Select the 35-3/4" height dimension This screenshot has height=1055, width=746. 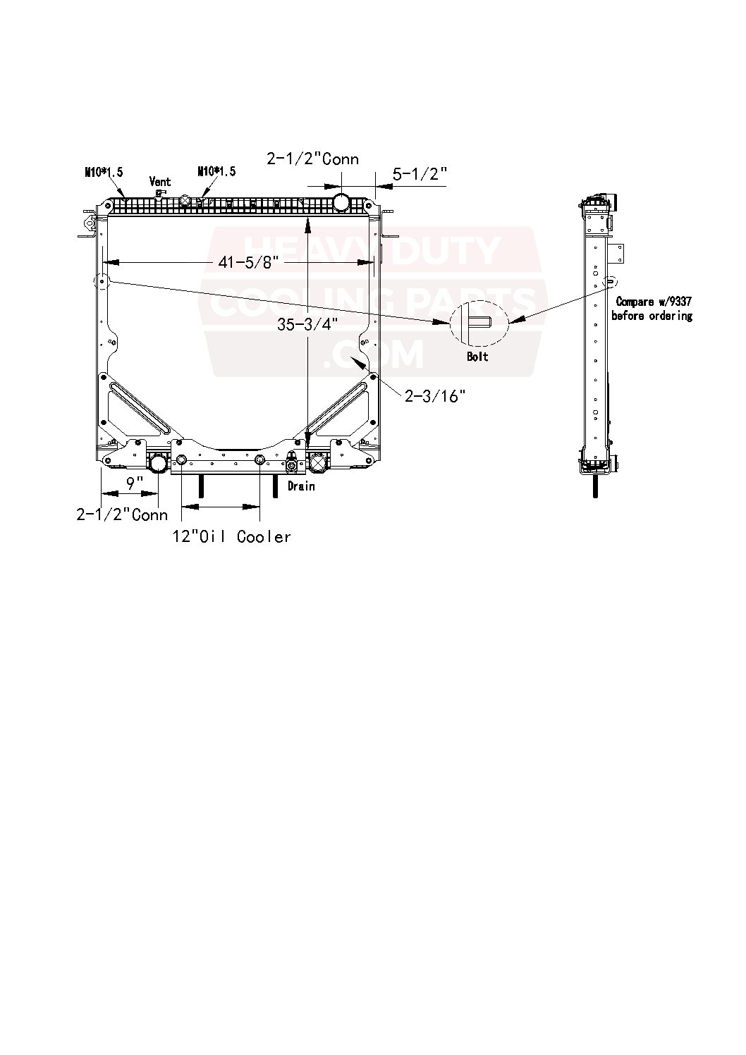(307, 325)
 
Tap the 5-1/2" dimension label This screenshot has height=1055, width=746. (420, 173)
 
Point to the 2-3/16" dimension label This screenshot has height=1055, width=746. (436, 397)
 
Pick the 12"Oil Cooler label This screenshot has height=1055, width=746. (232, 537)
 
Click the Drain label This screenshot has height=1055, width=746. (300, 486)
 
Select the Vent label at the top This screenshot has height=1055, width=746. (160, 182)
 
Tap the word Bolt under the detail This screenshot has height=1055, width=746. (477, 357)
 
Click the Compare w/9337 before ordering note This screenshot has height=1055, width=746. (652, 309)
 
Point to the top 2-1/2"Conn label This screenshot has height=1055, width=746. (312, 159)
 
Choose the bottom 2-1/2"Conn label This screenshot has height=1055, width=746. (122, 514)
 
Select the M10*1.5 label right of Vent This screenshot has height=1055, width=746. (216, 171)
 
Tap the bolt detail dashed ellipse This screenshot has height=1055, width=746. (479, 323)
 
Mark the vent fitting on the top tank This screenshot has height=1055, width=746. (160, 194)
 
